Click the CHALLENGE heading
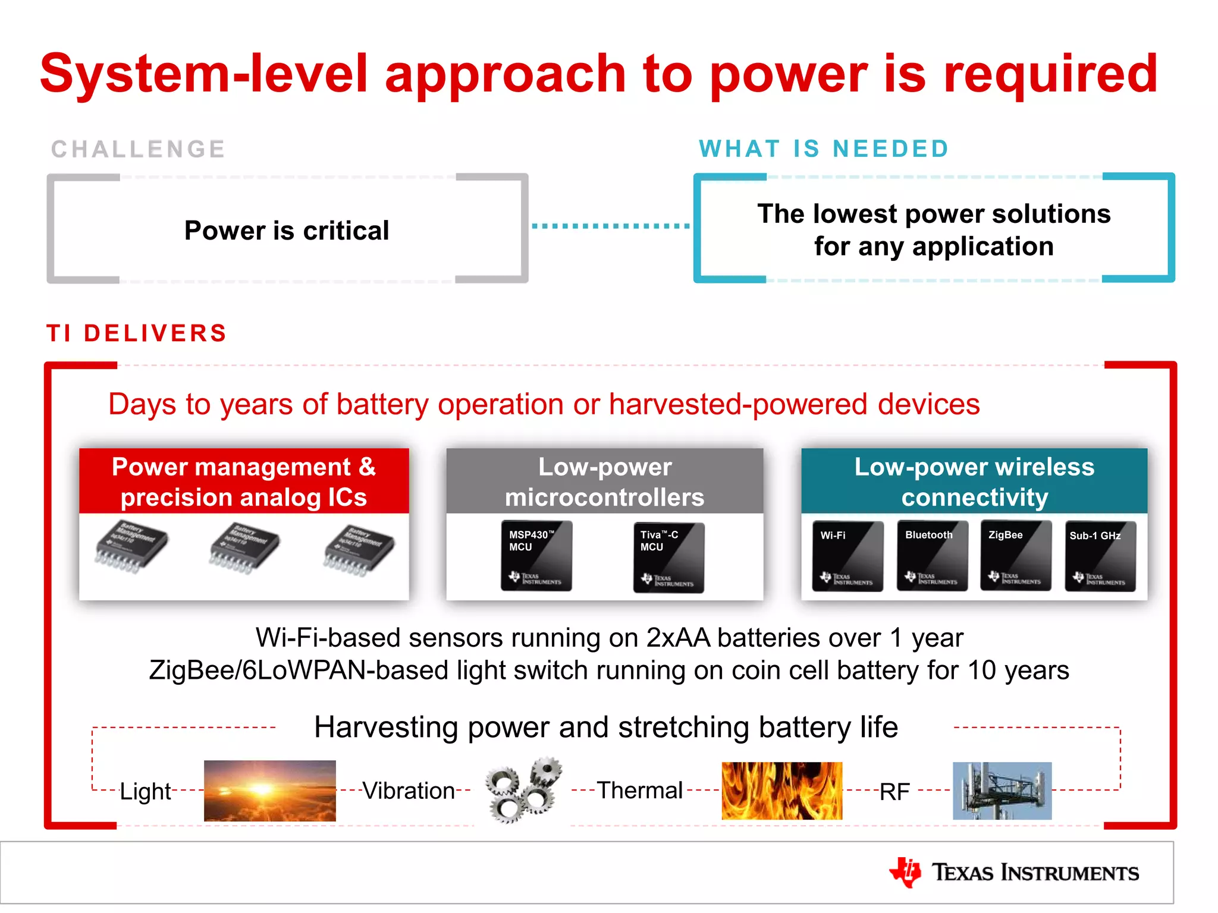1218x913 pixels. coord(138,149)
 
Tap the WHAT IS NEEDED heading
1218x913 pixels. coord(823,149)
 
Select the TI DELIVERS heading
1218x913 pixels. coord(137,333)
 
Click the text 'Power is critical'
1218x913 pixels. coord(287,231)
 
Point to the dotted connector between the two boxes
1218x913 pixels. coord(610,226)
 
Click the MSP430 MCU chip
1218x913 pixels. coord(536,556)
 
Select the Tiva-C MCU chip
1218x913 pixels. coord(668,557)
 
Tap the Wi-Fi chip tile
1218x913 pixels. coord(847,556)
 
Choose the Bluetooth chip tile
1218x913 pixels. coord(932,556)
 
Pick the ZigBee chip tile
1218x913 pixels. coord(1016,556)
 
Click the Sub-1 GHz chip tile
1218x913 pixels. coord(1100,556)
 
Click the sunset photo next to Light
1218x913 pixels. coord(269,791)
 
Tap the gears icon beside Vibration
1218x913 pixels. coord(523,791)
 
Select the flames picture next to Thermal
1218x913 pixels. coord(781,791)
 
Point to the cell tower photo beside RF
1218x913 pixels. coord(1002,791)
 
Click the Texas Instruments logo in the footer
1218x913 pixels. coord(1013,873)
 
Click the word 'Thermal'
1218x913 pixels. coord(639,791)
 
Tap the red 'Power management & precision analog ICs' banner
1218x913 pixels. coord(244,481)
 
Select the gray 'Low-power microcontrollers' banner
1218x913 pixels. coord(604,481)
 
